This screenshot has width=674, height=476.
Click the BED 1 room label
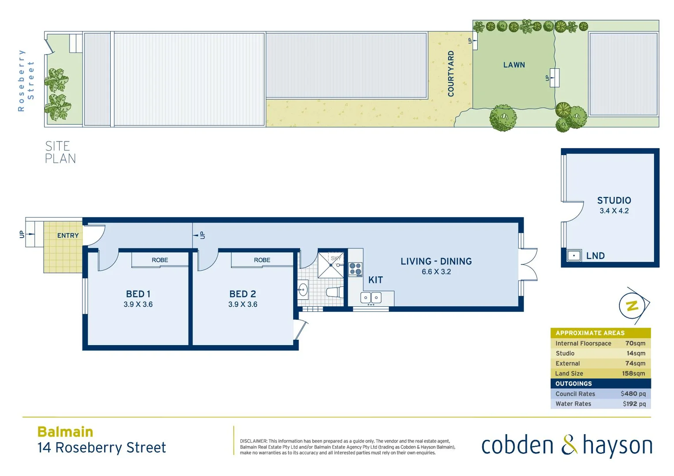pos(138,294)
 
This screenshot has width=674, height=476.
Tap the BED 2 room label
pos(243,294)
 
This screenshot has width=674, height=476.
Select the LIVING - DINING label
pos(436,261)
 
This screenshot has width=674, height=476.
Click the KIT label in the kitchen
pos(375,280)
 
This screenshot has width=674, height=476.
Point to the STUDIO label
pos(614,201)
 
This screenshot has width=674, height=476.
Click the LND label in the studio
pos(595,256)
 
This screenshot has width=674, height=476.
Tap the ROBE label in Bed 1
pos(160,260)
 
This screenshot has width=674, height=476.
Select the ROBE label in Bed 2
pos(262,260)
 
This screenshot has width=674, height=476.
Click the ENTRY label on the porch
pos(68,235)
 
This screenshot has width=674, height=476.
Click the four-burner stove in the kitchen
pos(356,269)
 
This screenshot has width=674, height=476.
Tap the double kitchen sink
pos(371,298)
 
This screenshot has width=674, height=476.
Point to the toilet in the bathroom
pos(334,292)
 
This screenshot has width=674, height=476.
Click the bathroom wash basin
pos(303,290)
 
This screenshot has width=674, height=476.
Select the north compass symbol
pos(633,305)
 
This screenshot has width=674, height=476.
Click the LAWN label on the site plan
pos(514,65)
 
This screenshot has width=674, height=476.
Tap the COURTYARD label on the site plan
pos(451,74)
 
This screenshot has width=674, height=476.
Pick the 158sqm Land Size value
pos(633,373)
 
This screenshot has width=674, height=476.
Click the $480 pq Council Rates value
pos(633,394)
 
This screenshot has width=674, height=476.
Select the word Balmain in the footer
pos(65,431)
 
